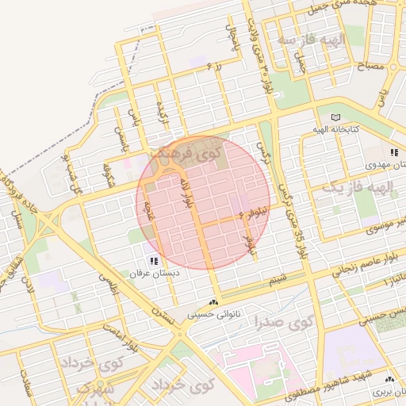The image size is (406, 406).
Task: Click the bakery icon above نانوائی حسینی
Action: point(213,302)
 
